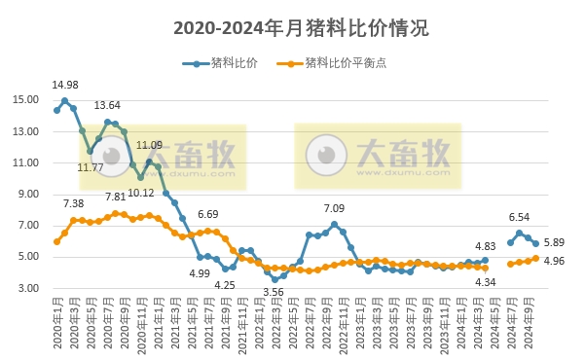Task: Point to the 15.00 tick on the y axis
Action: click(26, 99)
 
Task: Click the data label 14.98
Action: click(65, 85)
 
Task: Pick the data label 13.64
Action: click(107, 105)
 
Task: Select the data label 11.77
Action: click(91, 167)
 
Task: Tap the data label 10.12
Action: click(140, 193)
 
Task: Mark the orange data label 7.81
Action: click(115, 197)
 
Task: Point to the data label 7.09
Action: click(334, 208)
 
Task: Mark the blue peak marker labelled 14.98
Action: click(65, 100)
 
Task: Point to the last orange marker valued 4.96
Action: click(535, 258)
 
